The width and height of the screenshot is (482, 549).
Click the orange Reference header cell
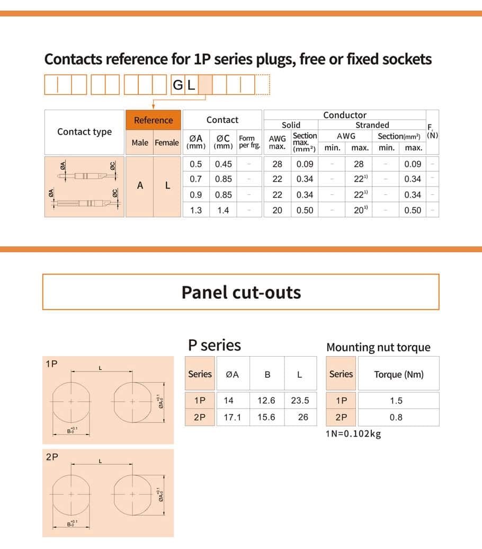(x=153, y=120)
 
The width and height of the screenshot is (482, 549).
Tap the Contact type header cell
(x=85, y=132)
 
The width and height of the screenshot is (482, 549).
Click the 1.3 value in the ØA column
(x=195, y=210)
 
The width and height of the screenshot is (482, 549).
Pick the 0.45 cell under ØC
(x=223, y=164)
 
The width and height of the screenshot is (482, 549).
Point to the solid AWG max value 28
(x=277, y=164)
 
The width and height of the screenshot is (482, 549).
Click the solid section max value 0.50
(x=305, y=210)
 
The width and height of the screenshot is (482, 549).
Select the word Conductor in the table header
(x=344, y=115)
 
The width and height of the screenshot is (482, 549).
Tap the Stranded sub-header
(x=372, y=125)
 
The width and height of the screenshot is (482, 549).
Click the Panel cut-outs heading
(x=241, y=292)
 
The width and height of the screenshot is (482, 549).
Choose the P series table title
(x=215, y=346)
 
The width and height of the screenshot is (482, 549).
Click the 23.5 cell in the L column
(x=300, y=401)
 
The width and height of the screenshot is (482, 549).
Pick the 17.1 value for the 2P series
(x=232, y=418)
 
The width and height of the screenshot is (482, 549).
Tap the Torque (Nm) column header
(x=399, y=374)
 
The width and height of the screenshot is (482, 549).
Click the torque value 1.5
(x=396, y=401)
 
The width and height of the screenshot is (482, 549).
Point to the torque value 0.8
(x=396, y=418)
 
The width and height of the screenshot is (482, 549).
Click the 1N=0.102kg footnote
(x=353, y=434)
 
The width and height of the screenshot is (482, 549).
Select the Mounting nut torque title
(x=378, y=348)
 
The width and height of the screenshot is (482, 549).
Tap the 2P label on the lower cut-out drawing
(x=52, y=457)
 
